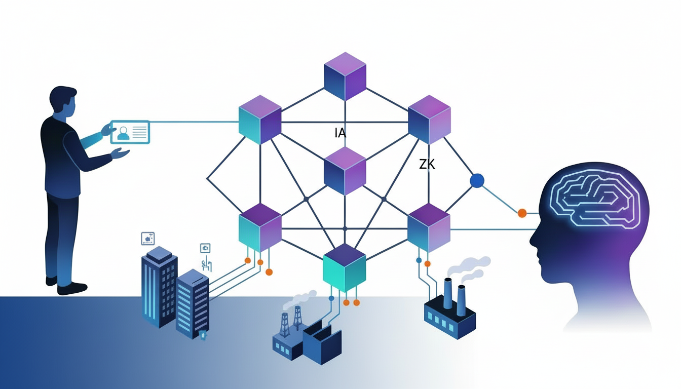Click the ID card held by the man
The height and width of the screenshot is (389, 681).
130,132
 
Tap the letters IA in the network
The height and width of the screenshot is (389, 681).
340,133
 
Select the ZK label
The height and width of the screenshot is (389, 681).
427,164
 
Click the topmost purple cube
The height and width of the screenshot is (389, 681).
345,76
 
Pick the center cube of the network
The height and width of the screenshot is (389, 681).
345,171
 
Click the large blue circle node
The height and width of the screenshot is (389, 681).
477,180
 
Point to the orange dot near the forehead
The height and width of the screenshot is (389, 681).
522,213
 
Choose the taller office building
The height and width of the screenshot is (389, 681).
159,286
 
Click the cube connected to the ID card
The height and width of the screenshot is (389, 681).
259,120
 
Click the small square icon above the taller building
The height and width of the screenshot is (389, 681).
148,238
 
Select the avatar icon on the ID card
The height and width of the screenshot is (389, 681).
123,133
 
